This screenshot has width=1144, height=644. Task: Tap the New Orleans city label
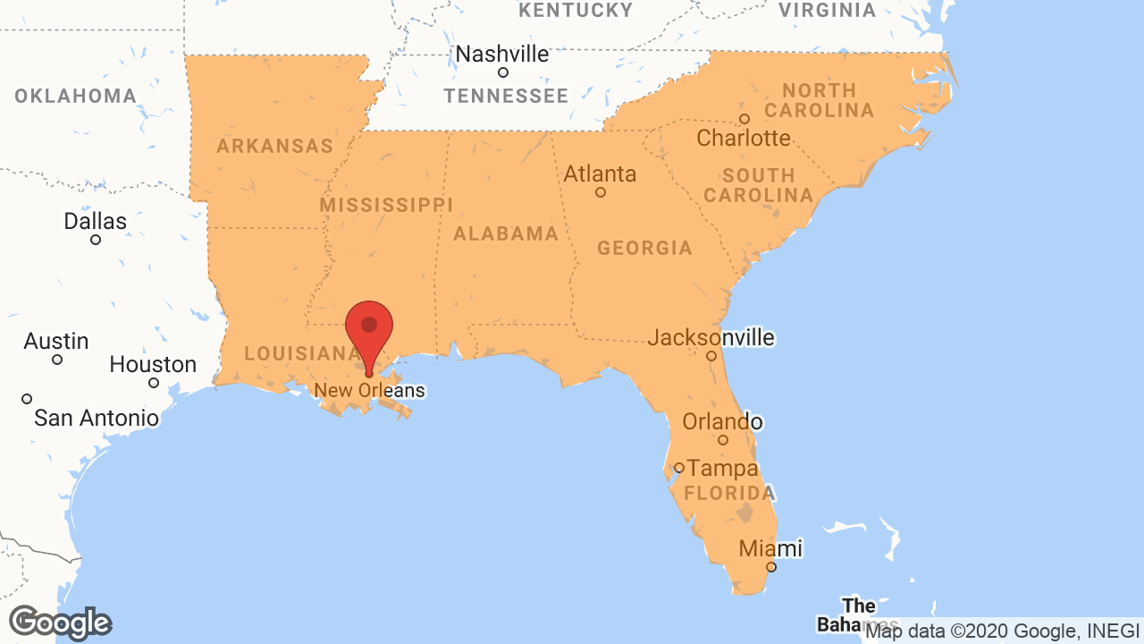click(369, 391)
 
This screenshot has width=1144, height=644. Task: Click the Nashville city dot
click(503, 72)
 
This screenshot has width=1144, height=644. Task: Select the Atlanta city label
click(600, 174)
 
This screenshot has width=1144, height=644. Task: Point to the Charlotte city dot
click(744, 119)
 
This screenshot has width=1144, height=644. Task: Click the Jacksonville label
click(711, 337)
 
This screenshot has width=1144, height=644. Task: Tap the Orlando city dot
click(723, 440)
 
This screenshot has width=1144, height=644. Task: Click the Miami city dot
click(771, 567)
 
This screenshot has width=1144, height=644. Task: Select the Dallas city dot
click(96, 240)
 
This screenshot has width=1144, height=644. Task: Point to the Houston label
click(153, 364)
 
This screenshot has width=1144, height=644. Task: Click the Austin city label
click(56, 341)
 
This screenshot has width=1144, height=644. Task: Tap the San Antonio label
click(97, 418)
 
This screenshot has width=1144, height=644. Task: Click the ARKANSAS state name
click(274, 146)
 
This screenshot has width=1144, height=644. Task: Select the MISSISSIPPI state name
click(386, 205)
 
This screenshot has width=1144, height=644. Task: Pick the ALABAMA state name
click(506, 234)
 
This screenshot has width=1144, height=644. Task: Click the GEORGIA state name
click(644, 248)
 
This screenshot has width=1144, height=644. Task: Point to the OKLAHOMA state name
click(75, 96)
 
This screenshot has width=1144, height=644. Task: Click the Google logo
click(60, 623)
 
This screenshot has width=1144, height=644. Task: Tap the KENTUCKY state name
click(576, 10)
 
